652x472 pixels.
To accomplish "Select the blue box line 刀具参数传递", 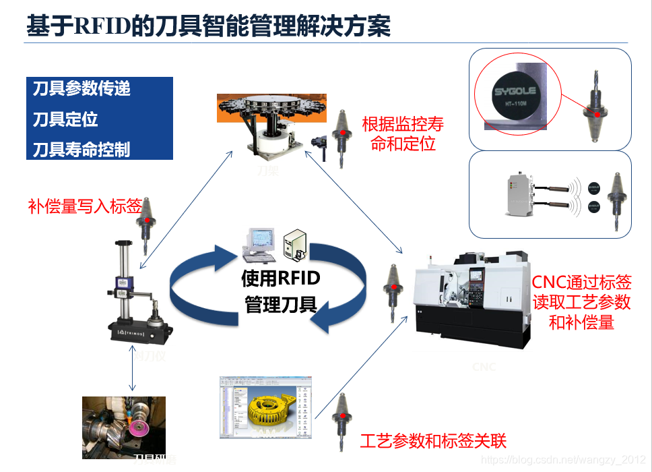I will pos(81,88).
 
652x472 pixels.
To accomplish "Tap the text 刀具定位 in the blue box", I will pos(66,119).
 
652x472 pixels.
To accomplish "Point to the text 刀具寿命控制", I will pos(81,149).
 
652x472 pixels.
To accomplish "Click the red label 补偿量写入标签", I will pos(85,206).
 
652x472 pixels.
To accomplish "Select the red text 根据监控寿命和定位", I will pos(403,134).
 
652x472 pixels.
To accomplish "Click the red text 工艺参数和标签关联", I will pos(433,442).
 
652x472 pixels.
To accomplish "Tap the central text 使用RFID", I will pos(281,278).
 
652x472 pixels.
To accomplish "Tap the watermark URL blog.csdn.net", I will pos(564,459).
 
